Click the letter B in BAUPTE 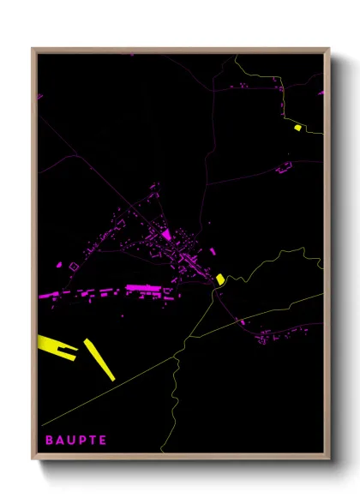coord(49,441)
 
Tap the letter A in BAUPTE coord(60,441)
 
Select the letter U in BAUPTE coord(71,441)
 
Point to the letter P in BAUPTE coord(82,441)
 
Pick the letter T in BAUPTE coord(93,441)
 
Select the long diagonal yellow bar coord(99,359)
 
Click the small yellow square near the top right coord(297,128)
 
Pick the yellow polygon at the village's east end coord(220,279)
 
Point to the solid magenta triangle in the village coord(166,233)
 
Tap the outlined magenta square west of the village coord(73,267)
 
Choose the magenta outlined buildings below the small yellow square coord(284,169)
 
